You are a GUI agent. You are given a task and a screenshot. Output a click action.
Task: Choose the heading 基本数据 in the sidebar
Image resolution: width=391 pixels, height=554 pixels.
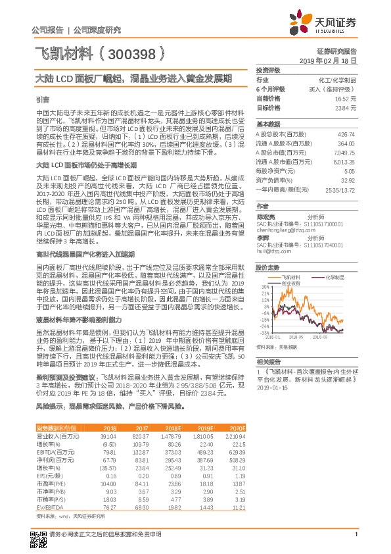click(x=268, y=124)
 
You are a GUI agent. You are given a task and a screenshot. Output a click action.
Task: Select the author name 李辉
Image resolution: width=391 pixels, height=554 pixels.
click(x=263, y=238)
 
